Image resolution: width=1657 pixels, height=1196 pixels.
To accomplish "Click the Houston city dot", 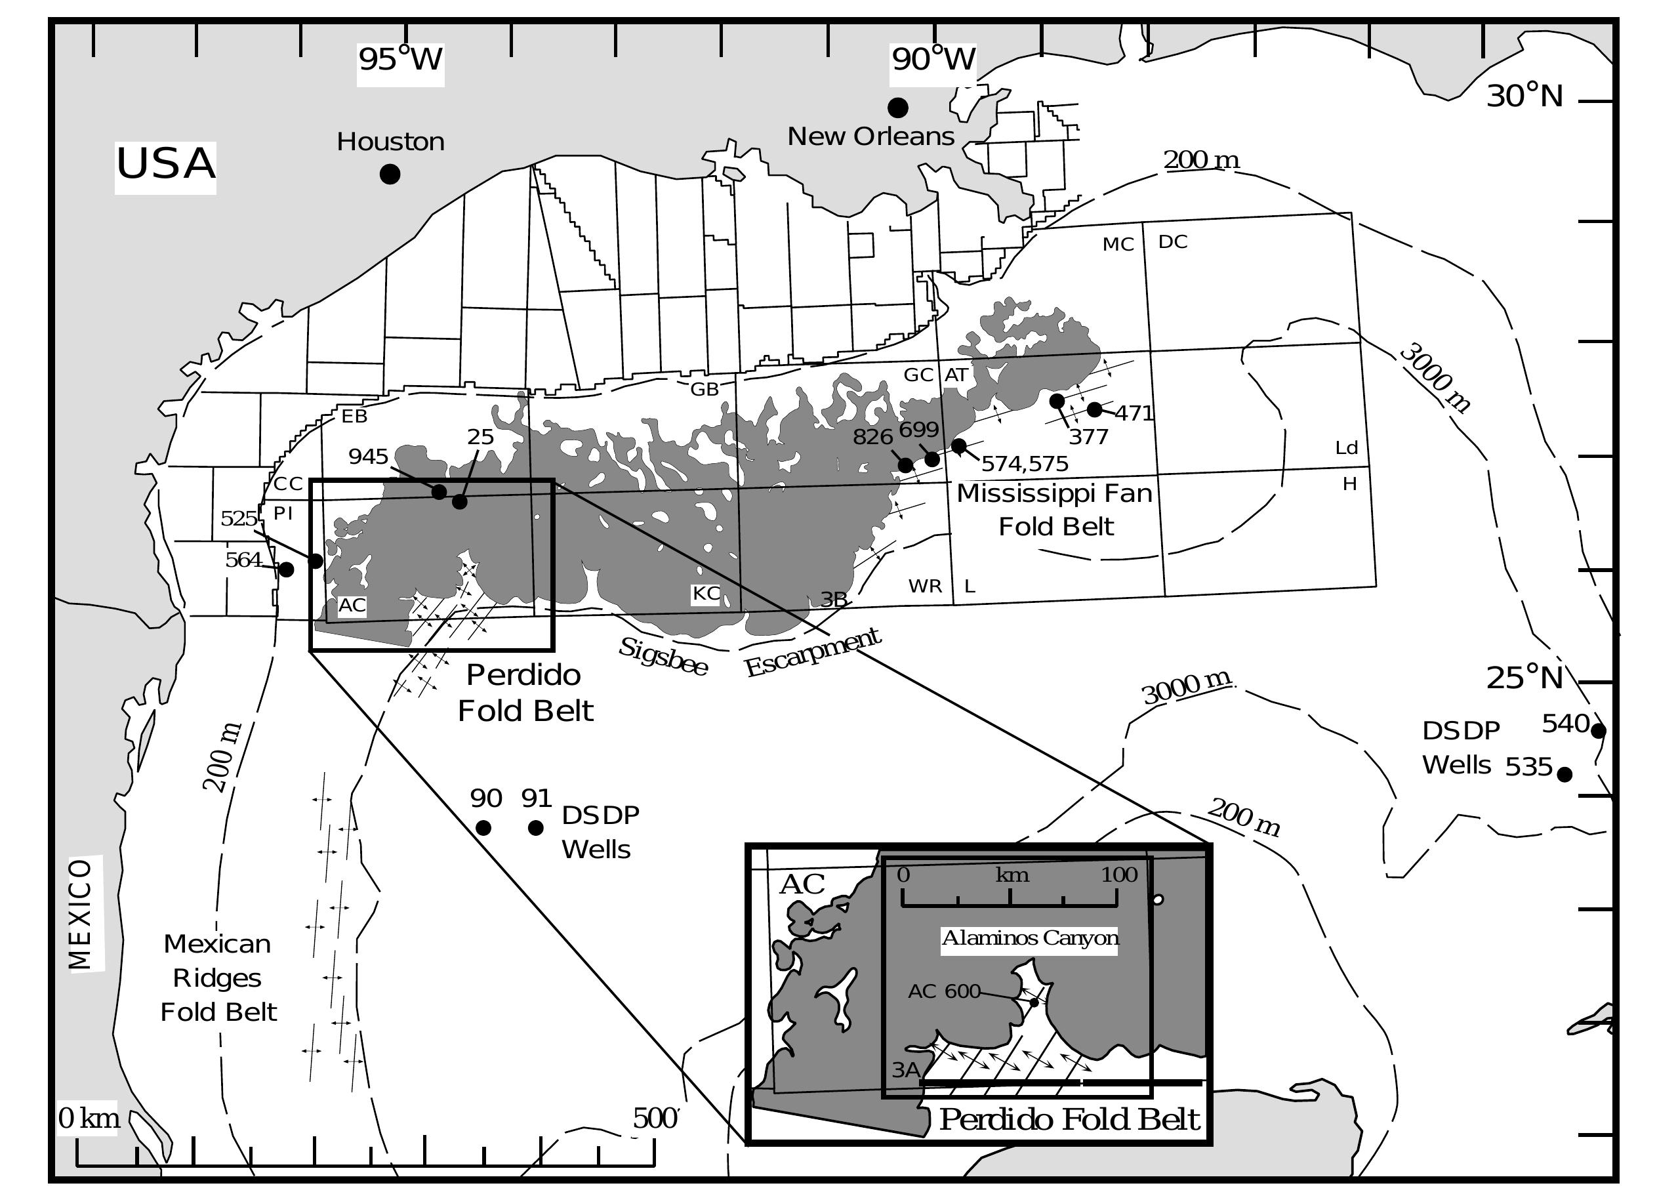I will point(390,174).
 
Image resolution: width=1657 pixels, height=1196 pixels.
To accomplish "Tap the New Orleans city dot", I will point(898,108).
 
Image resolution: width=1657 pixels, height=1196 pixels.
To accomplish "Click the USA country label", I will point(166,163).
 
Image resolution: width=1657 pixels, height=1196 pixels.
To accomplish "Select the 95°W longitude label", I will point(400,59).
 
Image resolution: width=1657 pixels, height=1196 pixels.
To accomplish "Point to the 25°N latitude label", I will point(1524,678).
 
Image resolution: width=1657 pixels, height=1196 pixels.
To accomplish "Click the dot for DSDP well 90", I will point(483,828).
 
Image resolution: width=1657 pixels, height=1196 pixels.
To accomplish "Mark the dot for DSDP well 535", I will point(1565,774).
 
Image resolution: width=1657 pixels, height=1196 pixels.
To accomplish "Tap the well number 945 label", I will point(368,457).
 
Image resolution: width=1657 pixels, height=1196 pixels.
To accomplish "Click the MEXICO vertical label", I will point(81,914).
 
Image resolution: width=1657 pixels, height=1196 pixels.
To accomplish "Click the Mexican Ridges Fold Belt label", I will point(218,978).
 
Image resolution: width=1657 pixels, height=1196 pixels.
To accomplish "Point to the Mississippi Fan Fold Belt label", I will point(1055,509).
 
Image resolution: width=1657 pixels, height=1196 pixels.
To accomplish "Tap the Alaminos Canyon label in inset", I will point(1030,938).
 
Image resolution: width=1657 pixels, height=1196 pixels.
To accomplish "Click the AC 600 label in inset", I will point(944,991).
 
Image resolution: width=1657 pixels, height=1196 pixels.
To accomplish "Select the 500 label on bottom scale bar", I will point(655,1119).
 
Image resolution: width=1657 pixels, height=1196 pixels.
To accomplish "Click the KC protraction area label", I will point(706,593).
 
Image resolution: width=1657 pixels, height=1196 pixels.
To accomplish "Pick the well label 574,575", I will point(1024,464).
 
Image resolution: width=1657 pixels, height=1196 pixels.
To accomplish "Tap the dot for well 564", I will point(287,569).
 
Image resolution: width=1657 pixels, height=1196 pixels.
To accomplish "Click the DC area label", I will point(1173,242).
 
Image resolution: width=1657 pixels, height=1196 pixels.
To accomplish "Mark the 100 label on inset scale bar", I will point(1119,875).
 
